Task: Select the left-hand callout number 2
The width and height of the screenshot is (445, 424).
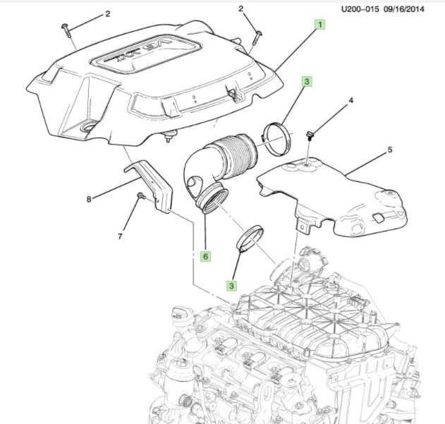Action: pyautogui.click(x=108, y=13)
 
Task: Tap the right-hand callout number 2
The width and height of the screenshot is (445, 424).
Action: pyautogui.click(x=240, y=8)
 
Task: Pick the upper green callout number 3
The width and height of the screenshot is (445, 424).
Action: pyautogui.click(x=307, y=81)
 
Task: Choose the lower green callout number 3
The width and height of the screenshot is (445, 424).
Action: pyautogui.click(x=231, y=286)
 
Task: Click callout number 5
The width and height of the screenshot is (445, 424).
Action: pyautogui.click(x=389, y=150)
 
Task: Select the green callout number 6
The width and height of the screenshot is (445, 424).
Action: pyautogui.click(x=206, y=257)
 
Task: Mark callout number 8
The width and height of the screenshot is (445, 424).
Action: pyautogui.click(x=89, y=200)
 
